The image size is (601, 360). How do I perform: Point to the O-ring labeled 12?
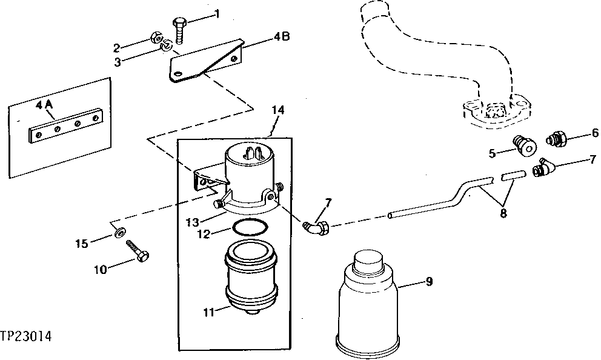[248, 229]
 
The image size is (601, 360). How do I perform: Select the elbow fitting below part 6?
[543, 168]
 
